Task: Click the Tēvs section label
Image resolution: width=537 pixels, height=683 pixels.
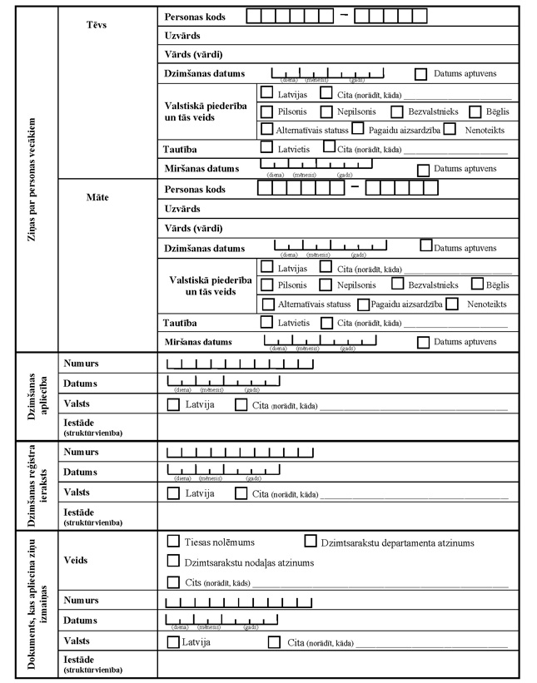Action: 97,24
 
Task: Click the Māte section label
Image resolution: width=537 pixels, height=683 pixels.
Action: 97,198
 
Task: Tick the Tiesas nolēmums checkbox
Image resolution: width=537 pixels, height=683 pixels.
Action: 173,541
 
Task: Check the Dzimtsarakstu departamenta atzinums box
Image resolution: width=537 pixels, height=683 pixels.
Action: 311,541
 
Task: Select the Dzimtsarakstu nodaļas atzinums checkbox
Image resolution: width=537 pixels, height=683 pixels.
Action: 173,562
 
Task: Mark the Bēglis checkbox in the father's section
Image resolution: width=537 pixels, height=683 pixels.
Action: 475,111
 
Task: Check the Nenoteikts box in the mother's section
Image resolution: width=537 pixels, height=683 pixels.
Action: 452,304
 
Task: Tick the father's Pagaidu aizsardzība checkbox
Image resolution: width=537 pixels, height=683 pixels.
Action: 357,129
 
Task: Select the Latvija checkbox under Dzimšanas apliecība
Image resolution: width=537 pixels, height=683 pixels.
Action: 173,404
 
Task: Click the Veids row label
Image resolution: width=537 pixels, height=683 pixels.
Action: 76,560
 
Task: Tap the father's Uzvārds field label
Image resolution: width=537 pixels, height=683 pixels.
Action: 183,37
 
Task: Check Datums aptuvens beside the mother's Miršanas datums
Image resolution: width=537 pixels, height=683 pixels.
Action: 423,341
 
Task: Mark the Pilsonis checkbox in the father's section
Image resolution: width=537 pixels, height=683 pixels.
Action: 266,111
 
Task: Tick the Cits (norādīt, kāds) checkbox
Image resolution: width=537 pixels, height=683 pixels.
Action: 173,582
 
